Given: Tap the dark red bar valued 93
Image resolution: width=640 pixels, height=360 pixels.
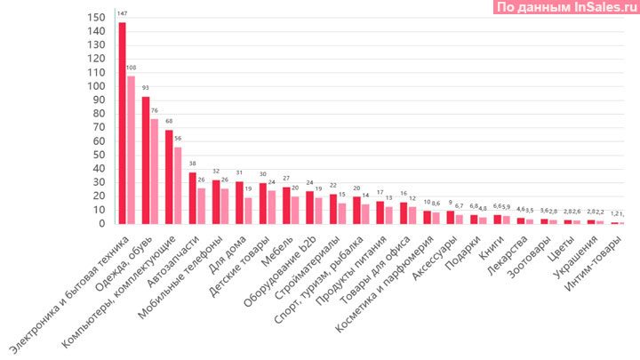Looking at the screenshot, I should pos(146,160).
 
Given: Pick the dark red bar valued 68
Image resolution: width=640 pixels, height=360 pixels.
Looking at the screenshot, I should pos(169,177).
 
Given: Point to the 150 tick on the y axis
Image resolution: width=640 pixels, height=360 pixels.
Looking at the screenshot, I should pos(97,18).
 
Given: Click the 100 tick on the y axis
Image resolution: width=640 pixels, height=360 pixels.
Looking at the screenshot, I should pos(97,87).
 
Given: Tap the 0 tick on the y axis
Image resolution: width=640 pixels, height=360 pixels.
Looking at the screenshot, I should pos(103,224).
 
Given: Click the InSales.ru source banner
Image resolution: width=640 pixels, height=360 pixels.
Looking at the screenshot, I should pos(564,8).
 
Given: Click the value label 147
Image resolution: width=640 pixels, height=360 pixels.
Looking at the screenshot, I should pos(122,14).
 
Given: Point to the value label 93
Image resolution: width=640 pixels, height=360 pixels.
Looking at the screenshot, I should pos(145,89).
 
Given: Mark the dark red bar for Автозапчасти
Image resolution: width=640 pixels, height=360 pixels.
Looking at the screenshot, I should pos(192,198).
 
